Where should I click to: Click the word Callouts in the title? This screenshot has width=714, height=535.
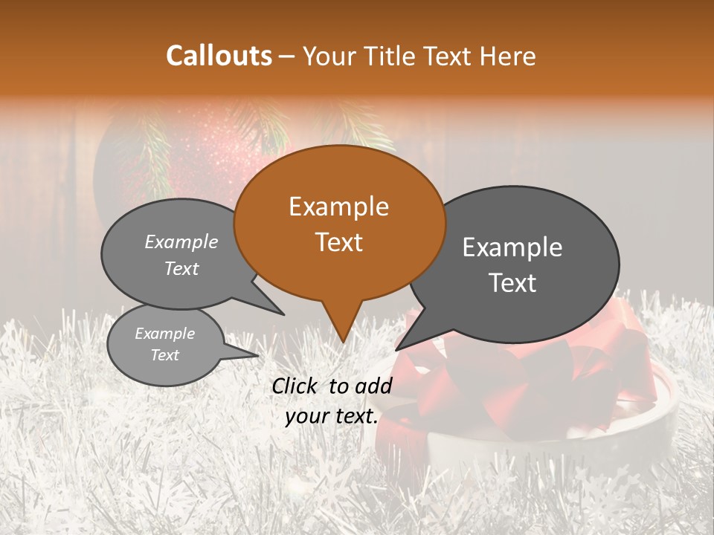(x=219, y=56)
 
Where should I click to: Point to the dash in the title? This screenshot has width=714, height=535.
(x=287, y=56)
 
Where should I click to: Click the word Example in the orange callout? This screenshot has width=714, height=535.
(x=338, y=207)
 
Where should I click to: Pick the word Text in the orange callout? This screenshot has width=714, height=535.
(x=338, y=242)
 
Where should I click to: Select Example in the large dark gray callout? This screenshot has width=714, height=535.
(x=512, y=247)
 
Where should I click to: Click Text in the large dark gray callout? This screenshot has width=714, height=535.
(x=512, y=283)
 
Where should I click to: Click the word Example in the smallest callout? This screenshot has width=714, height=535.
(x=164, y=334)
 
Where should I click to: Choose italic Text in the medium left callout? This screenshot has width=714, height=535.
(x=181, y=269)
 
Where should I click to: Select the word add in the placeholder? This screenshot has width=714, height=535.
(x=376, y=386)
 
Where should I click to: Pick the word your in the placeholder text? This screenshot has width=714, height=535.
(x=307, y=417)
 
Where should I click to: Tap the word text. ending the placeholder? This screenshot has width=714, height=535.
(x=356, y=417)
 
